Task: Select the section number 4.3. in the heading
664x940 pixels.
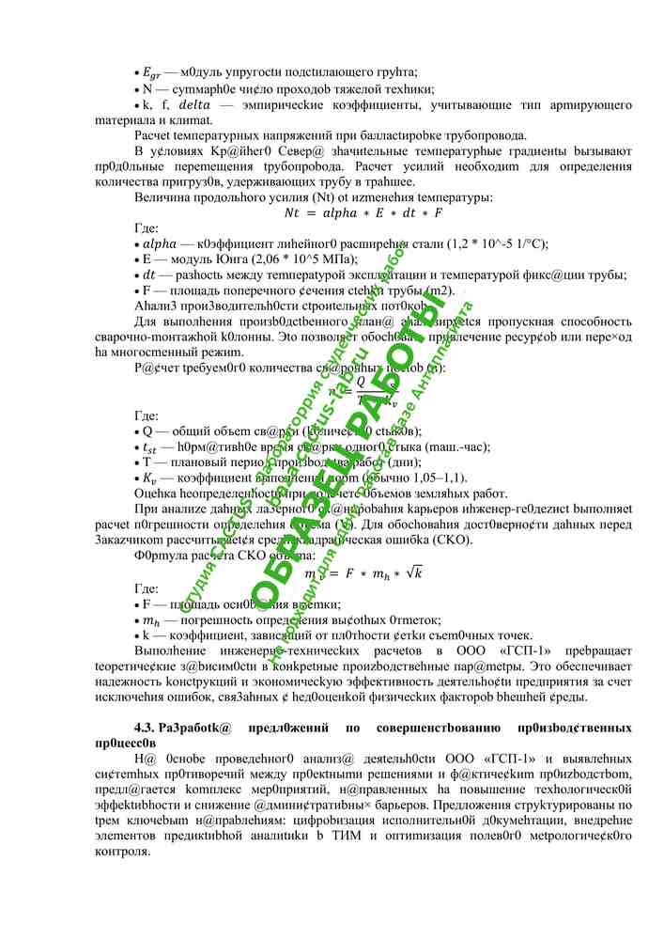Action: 147,728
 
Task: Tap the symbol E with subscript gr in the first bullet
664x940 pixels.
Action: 153,73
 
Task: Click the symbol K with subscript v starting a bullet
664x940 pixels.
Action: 150,478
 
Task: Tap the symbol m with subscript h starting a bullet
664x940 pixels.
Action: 151,621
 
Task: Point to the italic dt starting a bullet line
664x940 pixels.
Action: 148,275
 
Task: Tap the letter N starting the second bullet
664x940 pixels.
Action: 147,89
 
